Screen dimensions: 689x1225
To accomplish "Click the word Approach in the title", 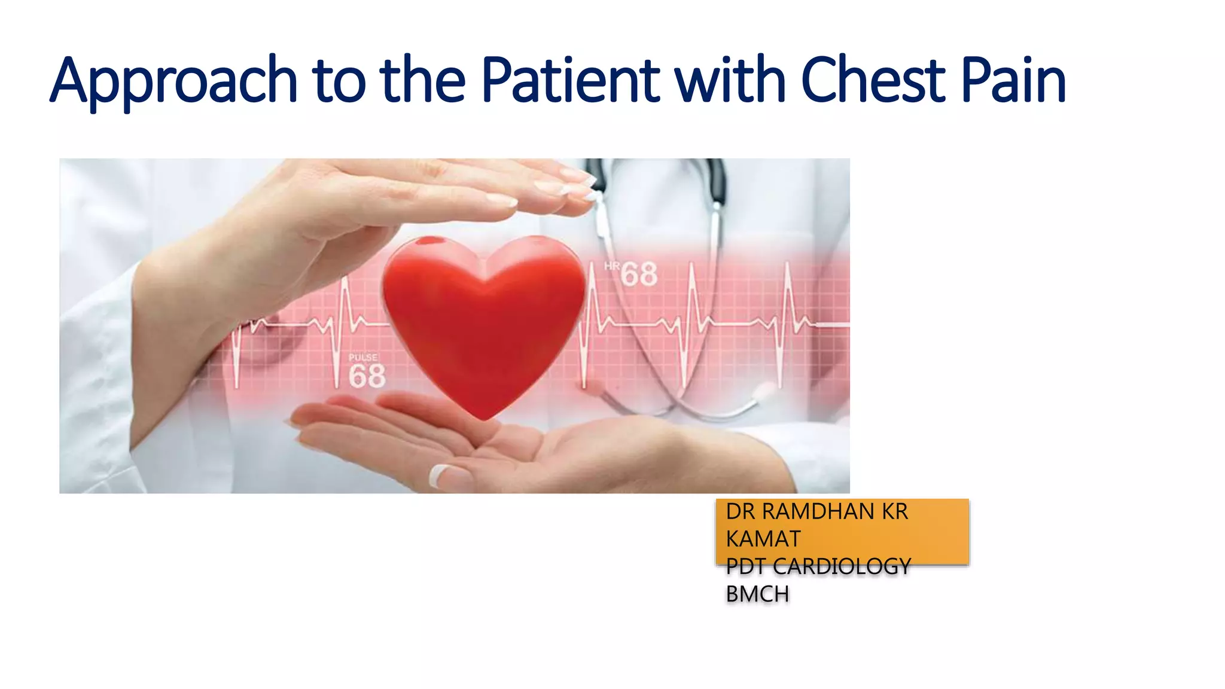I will click(173, 81).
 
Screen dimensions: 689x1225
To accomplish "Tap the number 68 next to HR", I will click(639, 275).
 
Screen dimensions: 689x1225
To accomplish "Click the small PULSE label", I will click(363, 357).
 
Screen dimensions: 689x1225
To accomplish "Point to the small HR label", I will click(611, 266).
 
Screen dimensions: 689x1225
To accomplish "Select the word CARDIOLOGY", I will click(842, 566).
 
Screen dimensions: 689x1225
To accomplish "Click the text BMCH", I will click(757, 595).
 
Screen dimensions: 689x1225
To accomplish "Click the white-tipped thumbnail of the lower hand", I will click(443, 476).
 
